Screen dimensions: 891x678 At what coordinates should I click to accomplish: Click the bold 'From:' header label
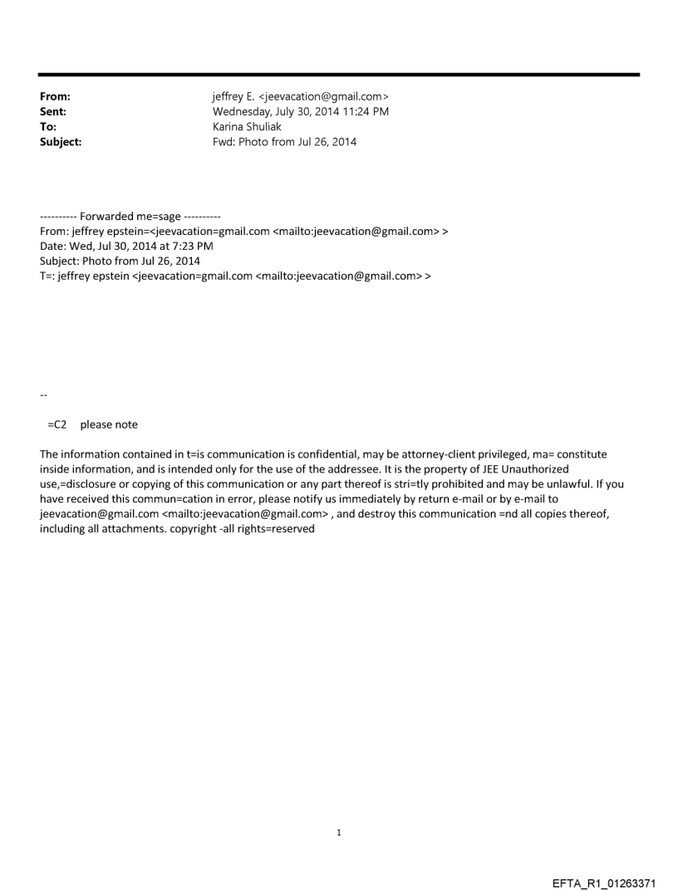point(55,98)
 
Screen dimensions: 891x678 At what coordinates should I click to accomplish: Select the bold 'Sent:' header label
point(53,113)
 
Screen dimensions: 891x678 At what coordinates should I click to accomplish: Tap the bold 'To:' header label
point(49,128)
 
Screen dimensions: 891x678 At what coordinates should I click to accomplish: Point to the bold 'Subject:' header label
point(61,143)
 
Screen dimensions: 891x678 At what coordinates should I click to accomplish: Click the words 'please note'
point(109,425)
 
